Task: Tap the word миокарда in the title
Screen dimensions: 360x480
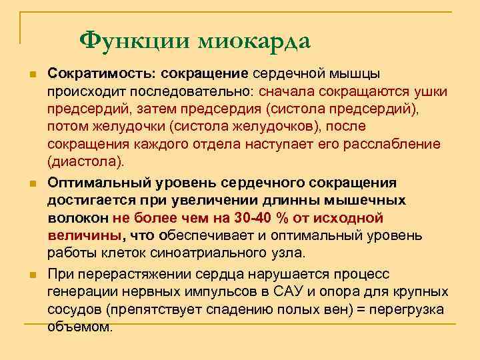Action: point(254,41)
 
